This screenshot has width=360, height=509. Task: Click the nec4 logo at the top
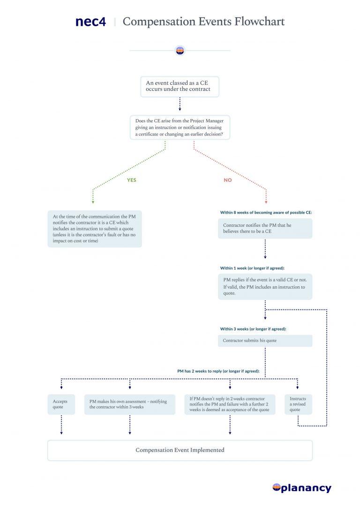(90, 22)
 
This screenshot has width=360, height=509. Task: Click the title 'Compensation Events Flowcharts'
(203, 22)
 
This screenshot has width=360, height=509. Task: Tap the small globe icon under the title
(180, 51)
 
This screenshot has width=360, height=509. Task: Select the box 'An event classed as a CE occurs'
(180, 86)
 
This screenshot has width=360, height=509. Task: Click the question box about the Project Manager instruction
(180, 127)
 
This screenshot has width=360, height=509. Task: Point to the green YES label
(132, 180)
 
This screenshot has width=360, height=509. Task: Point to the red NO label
(228, 180)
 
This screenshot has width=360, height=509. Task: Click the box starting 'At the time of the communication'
(95, 229)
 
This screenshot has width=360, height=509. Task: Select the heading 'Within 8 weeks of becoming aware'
(266, 212)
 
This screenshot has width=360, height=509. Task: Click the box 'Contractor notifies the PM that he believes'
(265, 228)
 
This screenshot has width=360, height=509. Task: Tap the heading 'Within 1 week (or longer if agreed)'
(252, 268)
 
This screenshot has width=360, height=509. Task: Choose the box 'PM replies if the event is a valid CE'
(265, 286)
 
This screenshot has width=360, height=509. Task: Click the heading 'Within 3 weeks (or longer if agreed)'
(253, 329)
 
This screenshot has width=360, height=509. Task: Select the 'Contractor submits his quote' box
(265, 341)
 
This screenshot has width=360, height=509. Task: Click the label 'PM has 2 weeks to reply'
(218, 371)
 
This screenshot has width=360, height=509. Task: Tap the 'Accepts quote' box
(61, 404)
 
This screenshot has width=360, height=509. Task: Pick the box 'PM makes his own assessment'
(129, 404)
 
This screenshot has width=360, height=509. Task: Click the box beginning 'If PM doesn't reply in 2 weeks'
(229, 404)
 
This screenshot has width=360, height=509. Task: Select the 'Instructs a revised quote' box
(298, 404)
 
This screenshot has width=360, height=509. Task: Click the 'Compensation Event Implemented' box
(180, 450)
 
